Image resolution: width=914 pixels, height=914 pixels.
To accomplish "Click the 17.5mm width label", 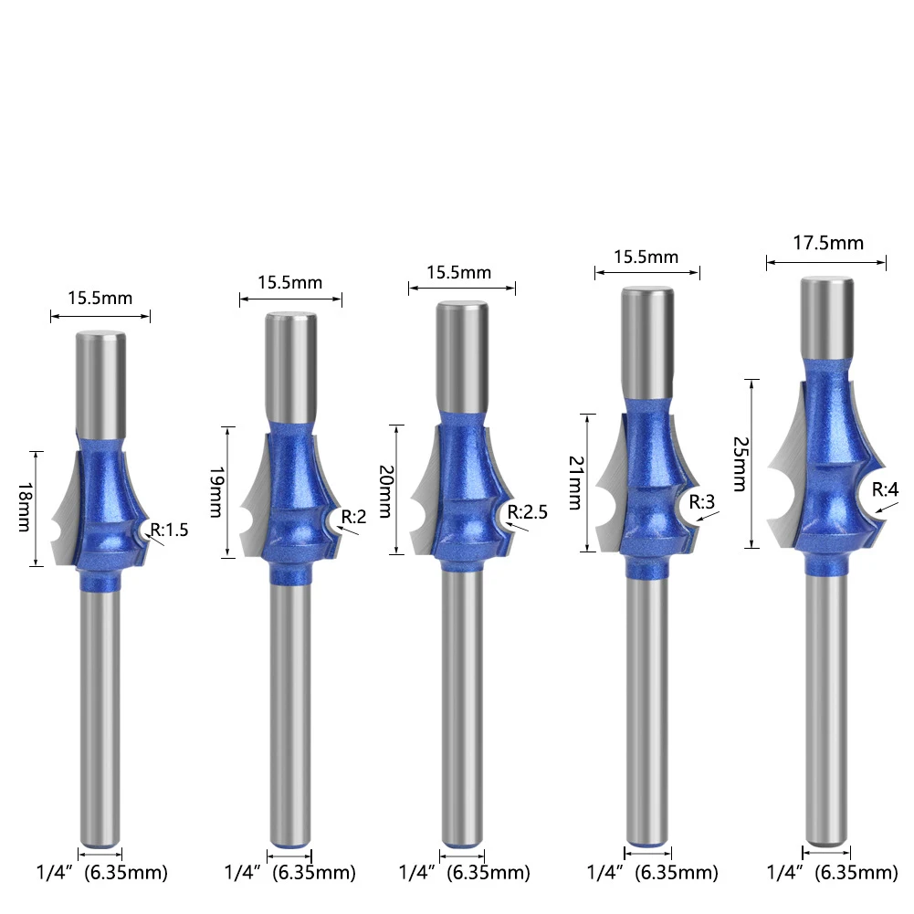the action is coord(828,243).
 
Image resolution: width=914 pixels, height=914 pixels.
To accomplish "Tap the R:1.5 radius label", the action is coord(170,530).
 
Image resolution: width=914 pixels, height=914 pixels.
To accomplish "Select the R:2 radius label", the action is coord(353,517).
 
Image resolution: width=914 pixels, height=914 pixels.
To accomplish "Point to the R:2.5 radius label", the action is coord(527,512).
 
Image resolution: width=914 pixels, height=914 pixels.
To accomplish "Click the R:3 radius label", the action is coord(702,501).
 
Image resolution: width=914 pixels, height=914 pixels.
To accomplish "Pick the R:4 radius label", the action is coord(885,489).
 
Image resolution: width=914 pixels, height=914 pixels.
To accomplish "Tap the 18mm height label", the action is coord(25,507).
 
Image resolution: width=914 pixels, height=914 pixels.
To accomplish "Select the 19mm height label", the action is coord(216,492).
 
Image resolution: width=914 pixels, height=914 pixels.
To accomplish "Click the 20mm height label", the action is coord(386,491).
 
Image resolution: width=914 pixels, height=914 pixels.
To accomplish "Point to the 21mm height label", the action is coord(576,483).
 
